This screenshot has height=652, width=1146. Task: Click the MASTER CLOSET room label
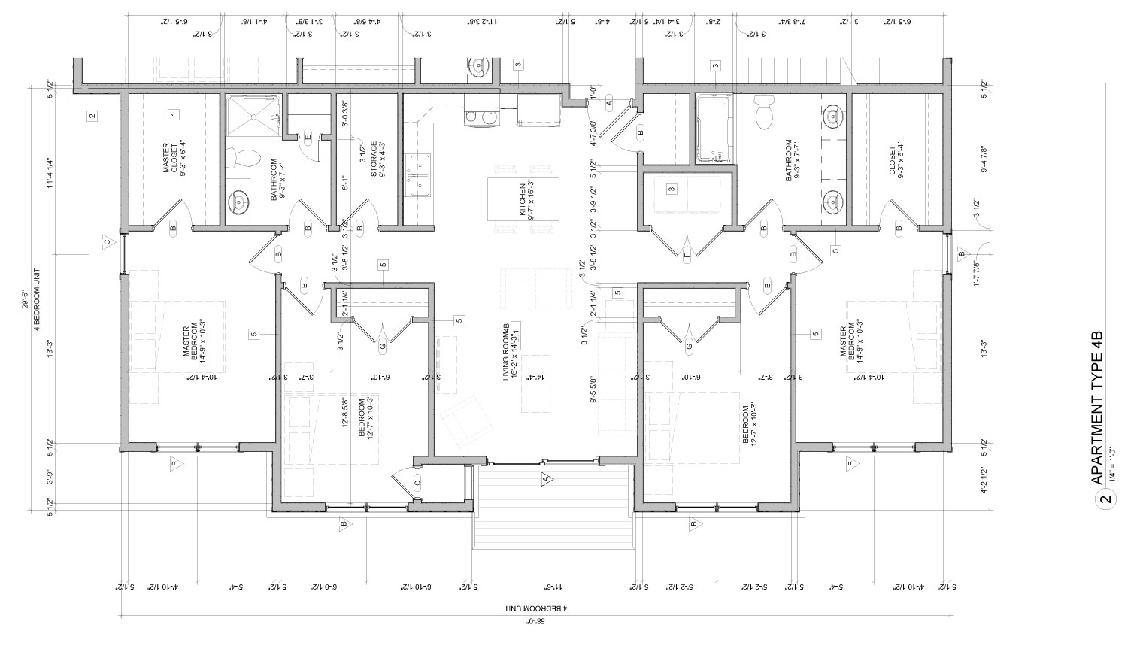point(171,158)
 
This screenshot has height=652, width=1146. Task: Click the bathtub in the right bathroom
point(711,129)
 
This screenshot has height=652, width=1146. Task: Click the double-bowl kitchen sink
point(418,174)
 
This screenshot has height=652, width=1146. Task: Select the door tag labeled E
point(307,137)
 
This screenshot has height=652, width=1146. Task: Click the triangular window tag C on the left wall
point(107,242)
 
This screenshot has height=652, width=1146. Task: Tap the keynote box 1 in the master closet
point(173,114)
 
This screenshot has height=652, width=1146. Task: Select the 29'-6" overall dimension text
point(26,301)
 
